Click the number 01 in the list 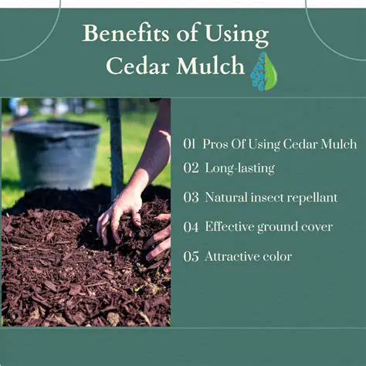(x=190, y=144)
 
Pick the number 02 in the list (x=191, y=168)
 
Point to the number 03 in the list (x=191, y=198)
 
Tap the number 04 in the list (x=191, y=227)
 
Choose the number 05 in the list (x=191, y=256)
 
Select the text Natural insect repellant (x=271, y=198)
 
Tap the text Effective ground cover (x=269, y=227)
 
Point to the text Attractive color (x=248, y=256)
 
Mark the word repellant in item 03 (x=312, y=198)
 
